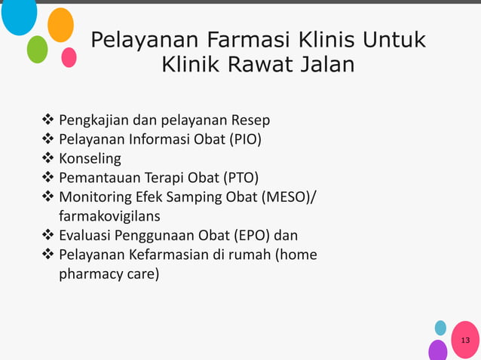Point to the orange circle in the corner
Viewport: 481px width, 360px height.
click(60, 25)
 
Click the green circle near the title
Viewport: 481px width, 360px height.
click(37, 49)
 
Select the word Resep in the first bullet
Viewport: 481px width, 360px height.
click(251, 120)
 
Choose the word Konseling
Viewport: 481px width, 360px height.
click(90, 159)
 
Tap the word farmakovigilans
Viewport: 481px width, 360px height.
click(109, 217)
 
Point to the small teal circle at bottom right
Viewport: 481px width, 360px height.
click(440, 328)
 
